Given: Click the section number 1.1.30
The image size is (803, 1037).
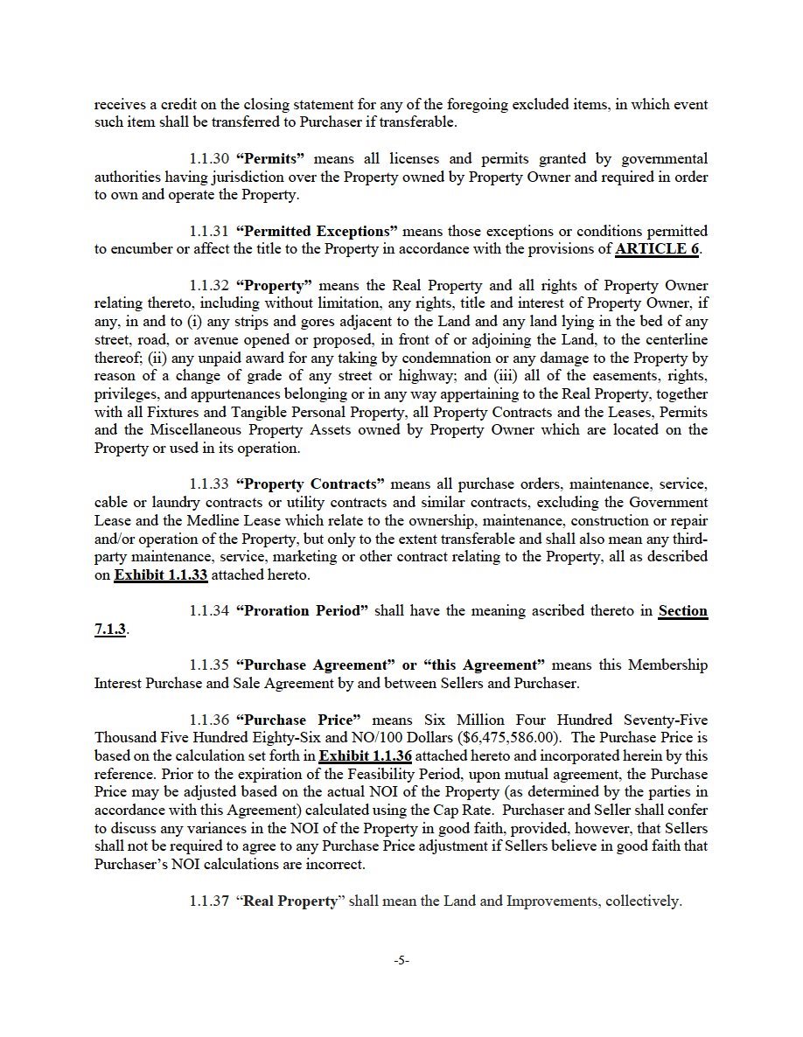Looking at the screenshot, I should tap(209, 159).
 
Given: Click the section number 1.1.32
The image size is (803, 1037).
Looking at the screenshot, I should tap(209, 286).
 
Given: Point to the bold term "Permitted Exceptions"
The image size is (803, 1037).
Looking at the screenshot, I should tap(318, 232).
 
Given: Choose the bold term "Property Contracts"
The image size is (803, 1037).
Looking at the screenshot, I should tap(311, 484).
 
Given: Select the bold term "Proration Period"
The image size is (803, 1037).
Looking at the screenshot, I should tap(302, 611).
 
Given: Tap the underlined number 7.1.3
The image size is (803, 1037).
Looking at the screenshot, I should tap(110, 630).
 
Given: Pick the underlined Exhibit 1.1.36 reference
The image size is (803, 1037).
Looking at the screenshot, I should tap(366, 755).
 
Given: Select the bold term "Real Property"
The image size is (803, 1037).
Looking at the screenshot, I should tap(289, 901).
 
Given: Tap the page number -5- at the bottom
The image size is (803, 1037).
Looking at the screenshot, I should tap(401, 960).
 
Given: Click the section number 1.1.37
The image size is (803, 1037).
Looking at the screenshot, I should tap(209, 901).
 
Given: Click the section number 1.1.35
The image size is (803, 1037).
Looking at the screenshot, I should tap(209, 665).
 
